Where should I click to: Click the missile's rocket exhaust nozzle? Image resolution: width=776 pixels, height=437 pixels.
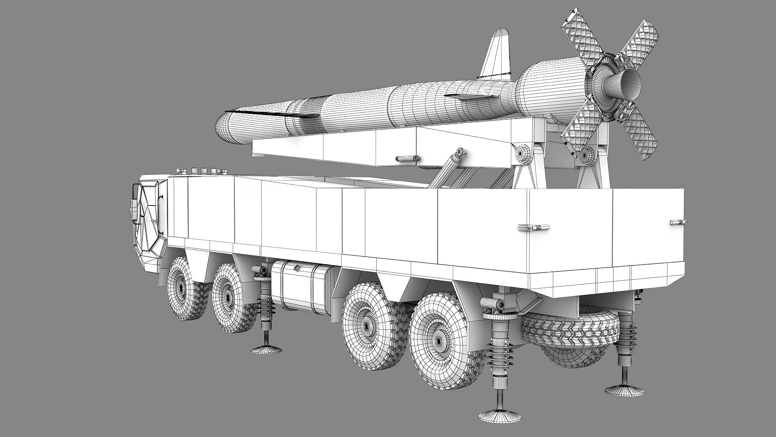(x=629, y=85)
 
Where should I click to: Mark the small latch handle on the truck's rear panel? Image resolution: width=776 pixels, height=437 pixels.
(x=678, y=222)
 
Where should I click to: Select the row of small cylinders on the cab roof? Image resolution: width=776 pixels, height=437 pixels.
(x=204, y=171)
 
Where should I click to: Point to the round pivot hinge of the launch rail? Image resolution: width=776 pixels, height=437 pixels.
(x=523, y=153)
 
